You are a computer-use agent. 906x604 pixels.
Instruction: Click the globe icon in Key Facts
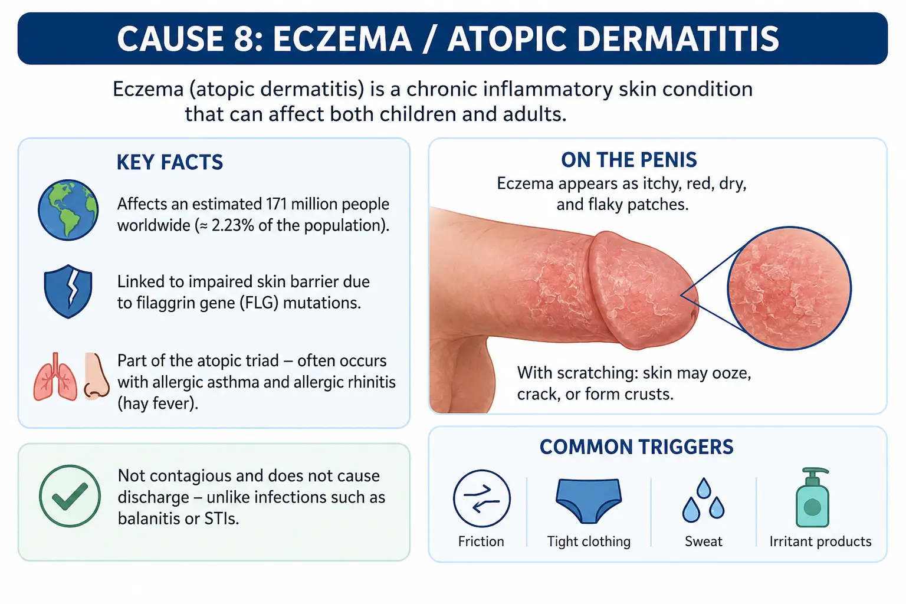click(x=68, y=210)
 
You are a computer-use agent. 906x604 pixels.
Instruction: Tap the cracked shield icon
click(x=68, y=291)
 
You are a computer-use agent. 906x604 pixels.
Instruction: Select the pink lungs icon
click(x=55, y=377)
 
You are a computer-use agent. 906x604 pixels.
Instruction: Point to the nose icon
click(x=96, y=376)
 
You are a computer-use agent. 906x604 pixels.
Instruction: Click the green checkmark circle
click(x=70, y=496)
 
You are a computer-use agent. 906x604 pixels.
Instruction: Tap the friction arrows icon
click(x=481, y=498)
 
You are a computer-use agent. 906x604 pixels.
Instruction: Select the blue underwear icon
click(x=589, y=501)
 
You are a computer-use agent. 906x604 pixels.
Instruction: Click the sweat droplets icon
click(x=703, y=500)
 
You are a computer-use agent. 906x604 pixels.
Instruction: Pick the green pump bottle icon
click(x=812, y=498)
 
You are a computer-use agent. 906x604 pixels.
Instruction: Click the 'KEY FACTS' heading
click(x=170, y=162)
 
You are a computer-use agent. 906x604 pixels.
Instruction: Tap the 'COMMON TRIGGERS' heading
click(x=636, y=447)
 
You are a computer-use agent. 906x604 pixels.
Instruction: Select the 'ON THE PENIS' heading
click(x=629, y=160)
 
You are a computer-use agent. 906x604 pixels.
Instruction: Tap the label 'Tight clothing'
click(x=589, y=541)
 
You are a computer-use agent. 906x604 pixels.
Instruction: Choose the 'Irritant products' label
click(x=820, y=541)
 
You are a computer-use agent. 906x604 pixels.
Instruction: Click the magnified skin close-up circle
click(x=789, y=288)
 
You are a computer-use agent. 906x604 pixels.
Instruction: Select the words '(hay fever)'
click(x=157, y=403)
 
